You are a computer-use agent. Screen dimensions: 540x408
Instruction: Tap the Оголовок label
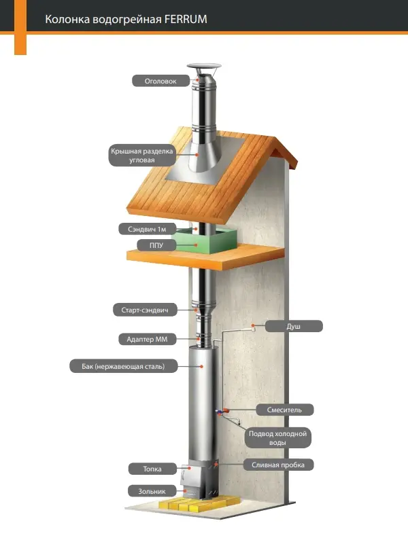160,81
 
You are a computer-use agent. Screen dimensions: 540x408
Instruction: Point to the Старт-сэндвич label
145,310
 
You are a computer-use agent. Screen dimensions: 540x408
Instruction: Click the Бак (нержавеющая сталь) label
124,366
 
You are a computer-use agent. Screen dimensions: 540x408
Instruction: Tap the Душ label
293,327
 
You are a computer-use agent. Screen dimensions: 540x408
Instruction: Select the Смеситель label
284,410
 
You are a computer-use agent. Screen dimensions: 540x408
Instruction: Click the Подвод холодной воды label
277,437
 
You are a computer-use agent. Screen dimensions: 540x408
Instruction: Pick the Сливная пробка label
278,465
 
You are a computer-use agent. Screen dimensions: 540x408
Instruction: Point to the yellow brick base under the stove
191,505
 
